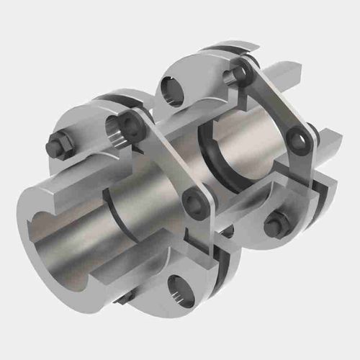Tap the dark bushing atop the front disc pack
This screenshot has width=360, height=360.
132,124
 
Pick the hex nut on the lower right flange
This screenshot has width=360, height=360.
277,225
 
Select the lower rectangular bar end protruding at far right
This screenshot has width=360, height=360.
328,153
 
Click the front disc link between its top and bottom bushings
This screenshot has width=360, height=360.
164,162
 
